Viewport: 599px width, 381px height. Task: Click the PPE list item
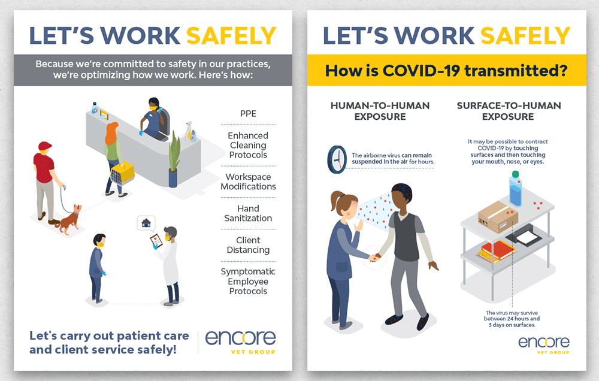tap(249, 113)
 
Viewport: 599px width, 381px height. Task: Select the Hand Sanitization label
tap(249, 213)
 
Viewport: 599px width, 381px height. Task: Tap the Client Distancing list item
tap(249, 245)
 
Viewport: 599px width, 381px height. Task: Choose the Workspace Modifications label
tap(249, 182)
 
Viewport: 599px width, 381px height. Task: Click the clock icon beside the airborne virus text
tap(337, 159)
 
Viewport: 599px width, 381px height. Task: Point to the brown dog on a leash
tap(69, 219)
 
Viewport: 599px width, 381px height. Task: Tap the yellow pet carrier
tap(123, 173)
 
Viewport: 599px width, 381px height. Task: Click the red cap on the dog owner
tap(44, 146)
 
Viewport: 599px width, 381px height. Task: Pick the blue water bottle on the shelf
tap(515, 189)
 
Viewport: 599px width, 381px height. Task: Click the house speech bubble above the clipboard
tap(146, 223)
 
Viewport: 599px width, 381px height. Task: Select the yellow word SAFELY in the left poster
tap(231, 36)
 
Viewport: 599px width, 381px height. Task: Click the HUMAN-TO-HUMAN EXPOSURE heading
tap(380, 111)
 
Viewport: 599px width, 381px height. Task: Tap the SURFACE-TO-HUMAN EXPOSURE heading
tap(509, 111)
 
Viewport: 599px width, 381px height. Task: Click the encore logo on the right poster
tap(544, 344)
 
